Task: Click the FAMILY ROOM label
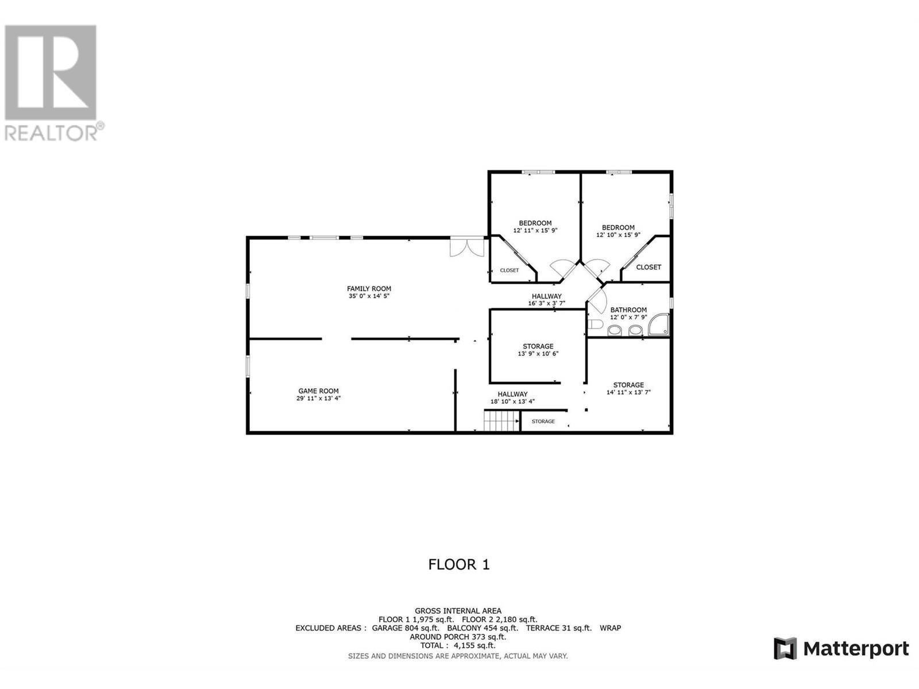(x=369, y=289)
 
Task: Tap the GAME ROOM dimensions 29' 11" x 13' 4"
(x=318, y=398)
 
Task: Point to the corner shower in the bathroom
(x=659, y=325)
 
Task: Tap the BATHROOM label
(x=628, y=310)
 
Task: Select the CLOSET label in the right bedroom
(x=648, y=267)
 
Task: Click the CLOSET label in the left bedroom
(x=509, y=270)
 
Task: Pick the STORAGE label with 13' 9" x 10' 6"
(x=538, y=346)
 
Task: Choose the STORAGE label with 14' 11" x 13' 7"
(x=628, y=385)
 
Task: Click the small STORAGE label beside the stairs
(x=543, y=421)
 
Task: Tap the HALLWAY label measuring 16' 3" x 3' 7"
(x=546, y=296)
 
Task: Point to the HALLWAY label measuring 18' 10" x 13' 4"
(x=512, y=394)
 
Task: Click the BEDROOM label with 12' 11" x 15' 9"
(x=535, y=223)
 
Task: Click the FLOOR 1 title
(x=459, y=564)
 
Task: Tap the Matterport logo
(x=841, y=649)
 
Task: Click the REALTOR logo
(x=52, y=83)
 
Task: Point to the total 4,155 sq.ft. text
(x=458, y=645)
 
